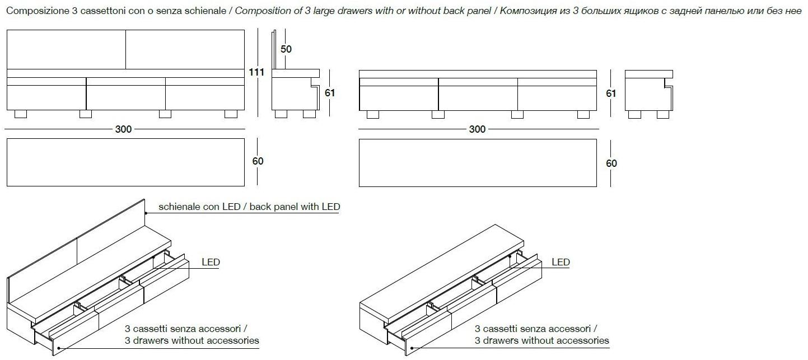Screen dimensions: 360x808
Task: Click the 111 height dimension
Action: [256, 72]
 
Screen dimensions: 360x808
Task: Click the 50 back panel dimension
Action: [286, 49]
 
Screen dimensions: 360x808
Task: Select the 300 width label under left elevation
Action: [124, 129]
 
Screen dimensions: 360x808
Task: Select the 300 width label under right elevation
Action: [477, 129]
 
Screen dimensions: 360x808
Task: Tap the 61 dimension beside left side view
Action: [330, 93]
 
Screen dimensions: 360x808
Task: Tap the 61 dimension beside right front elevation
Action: [611, 93]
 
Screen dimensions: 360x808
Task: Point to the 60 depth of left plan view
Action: [258, 161]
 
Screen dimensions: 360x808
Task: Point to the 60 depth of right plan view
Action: [611, 163]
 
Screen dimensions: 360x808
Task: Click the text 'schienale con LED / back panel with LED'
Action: [249, 207]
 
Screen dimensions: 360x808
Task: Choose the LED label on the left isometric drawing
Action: [211, 262]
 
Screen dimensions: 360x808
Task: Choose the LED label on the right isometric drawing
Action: [561, 262]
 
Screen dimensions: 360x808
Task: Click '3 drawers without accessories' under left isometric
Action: [192, 340]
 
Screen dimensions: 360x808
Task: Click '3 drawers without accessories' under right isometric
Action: [542, 340]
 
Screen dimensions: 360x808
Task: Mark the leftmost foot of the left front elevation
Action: [20, 114]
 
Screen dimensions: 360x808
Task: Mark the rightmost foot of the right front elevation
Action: [583, 114]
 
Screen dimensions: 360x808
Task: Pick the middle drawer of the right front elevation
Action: [478, 97]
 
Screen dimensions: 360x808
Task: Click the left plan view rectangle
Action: [125, 162]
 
